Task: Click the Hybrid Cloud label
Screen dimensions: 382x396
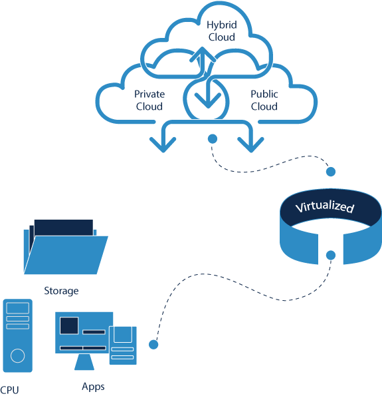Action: (x=222, y=31)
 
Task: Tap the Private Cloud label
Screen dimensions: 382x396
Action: (x=149, y=100)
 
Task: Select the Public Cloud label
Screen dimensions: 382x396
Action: (x=264, y=100)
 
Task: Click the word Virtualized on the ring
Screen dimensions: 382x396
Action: (x=325, y=207)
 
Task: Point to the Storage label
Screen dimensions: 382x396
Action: (x=61, y=292)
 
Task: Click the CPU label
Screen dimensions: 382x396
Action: (x=9, y=390)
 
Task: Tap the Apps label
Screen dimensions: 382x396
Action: (x=93, y=387)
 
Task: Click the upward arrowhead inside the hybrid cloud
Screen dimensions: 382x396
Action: (x=203, y=55)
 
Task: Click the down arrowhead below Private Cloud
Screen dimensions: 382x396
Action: (x=163, y=144)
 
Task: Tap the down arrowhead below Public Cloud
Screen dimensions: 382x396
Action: (x=251, y=144)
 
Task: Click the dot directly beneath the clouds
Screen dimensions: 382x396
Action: (x=213, y=138)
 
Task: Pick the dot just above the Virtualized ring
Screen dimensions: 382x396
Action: (x=331, y=172)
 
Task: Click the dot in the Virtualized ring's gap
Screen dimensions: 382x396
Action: (x=331, y=255)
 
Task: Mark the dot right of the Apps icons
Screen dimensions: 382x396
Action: (x=153, y=345)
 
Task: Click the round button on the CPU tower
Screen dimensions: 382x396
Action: (x=18, y=355)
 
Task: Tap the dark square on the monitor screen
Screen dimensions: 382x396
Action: (x=69, y=325)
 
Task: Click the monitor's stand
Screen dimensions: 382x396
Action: (x=84, y=362)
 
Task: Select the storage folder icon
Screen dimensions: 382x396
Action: (x=66, y=247)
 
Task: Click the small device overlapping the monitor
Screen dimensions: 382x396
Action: (x=123, y=345)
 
